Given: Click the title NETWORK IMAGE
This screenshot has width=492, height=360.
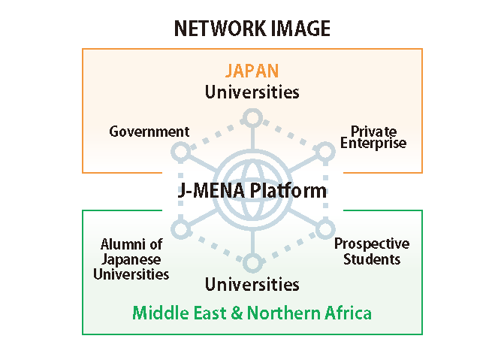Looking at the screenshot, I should tap(252, 29).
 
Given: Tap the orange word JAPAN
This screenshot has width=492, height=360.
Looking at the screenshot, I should tap(252, 71).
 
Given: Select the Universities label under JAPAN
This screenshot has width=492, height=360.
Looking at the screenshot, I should tap(252, 92).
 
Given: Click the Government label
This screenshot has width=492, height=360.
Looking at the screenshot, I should tap(149, 132).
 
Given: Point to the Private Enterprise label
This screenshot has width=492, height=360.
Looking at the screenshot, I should tap(373, 138).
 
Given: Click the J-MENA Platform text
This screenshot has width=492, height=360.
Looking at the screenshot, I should tap(252, 190).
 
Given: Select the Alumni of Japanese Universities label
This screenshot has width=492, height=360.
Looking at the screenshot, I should tap(131, 259).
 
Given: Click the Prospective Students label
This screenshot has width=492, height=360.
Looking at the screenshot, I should tap(372, 251).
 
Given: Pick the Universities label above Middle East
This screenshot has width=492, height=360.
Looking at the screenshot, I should tap(252, 284).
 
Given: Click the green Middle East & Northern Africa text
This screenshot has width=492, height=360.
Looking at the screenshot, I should tap(252, 312).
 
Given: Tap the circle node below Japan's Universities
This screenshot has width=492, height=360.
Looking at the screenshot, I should tap(252, 117).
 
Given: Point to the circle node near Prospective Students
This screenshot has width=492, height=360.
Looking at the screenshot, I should tap(324, 227).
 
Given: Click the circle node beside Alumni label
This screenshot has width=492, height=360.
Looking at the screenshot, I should tap(180, 227).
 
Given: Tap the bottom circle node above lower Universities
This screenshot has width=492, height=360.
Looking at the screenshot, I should tap(252, 262).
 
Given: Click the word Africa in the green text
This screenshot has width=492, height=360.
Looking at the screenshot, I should tap(348, 312).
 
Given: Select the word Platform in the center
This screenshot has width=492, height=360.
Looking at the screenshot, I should tap(290, 190).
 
